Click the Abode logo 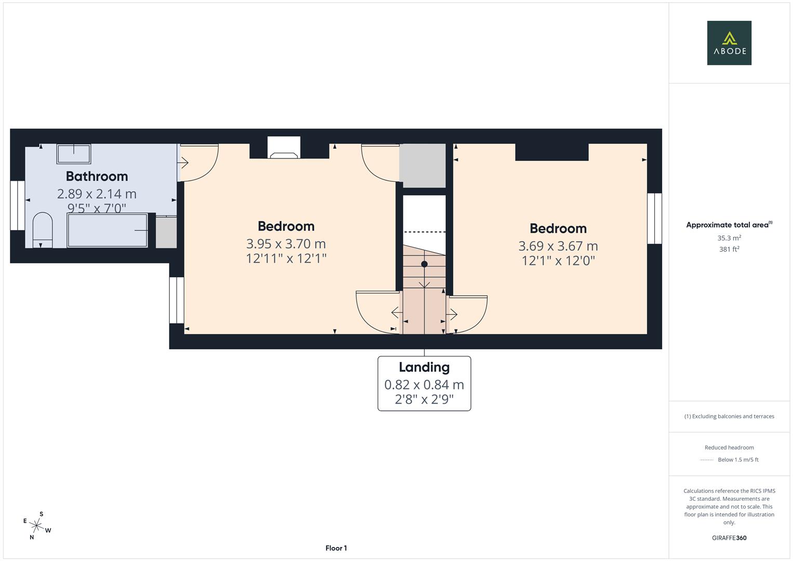(729, 43)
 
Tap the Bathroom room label (97, 177)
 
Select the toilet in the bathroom (43, 230)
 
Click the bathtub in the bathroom (107, 230)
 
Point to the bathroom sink (74, 154)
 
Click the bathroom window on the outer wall (17, 205)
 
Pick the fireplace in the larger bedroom (284, 148)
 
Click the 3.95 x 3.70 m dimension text (286, 244)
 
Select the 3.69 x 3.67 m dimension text (558, 246)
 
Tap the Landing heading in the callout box (424, 367)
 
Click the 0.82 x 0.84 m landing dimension (424, 384)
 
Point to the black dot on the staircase (424, 264)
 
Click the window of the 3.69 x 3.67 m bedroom (654, 218)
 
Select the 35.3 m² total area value (729, 238)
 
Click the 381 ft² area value (729, 249)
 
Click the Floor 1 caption (336, 548)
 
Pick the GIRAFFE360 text (729, 538)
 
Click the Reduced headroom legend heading (729, 447)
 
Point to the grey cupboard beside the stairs (422, 165)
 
